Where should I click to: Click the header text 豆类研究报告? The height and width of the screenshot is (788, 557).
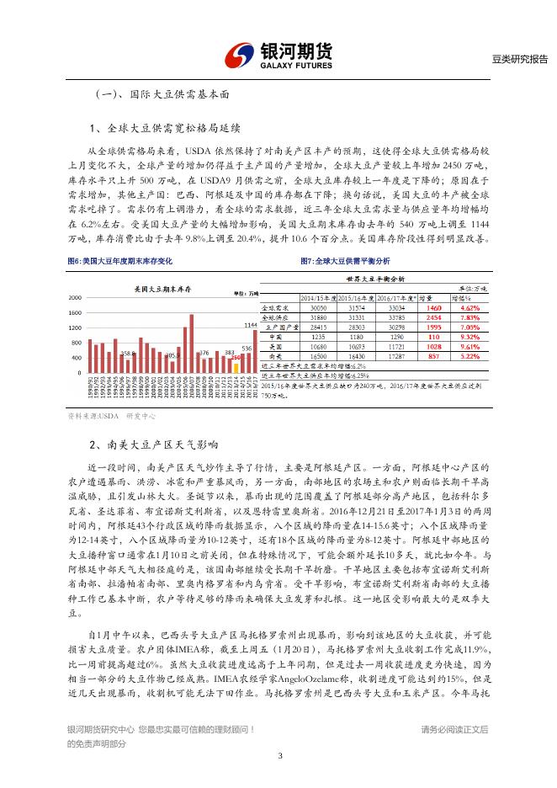(519, 59)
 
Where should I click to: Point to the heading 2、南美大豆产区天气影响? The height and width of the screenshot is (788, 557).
(153, 444)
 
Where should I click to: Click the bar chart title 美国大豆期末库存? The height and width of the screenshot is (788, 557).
(162, 289)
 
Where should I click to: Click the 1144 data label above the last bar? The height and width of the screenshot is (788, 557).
(250, 324)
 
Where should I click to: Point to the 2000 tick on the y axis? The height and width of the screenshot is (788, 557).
(75, 297)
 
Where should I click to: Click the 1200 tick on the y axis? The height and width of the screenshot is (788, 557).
(75, 327)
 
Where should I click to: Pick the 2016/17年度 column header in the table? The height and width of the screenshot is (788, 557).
(397, 298)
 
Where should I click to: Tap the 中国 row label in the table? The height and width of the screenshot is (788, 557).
(274, 337)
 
